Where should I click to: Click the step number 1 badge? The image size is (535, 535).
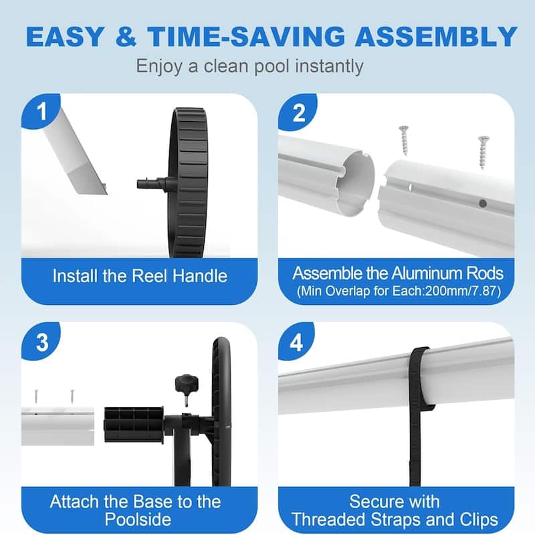[x=42, y=111]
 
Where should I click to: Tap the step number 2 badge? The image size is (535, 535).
[x=299, y=111]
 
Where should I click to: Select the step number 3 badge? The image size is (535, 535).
[x=42, y=343]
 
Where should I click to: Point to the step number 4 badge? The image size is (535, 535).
[x=299, y=343]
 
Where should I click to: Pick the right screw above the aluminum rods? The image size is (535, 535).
[x=483, y=150]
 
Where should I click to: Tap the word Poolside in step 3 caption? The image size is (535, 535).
[x=137, y=519]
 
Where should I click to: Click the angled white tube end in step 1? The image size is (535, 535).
[x=80, y=160]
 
